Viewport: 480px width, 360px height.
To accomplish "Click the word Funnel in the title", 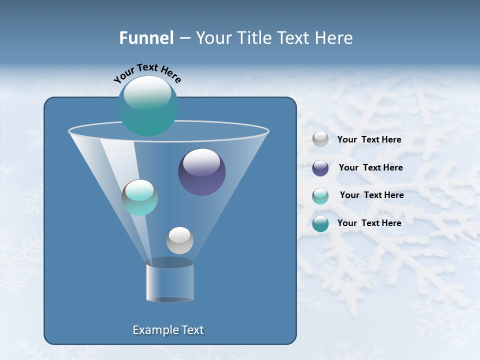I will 146,38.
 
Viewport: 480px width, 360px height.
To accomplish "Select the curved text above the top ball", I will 147,72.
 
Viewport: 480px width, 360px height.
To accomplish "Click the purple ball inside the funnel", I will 202,172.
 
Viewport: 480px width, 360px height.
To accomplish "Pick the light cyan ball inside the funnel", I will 139,197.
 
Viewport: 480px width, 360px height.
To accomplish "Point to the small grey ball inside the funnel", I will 179,240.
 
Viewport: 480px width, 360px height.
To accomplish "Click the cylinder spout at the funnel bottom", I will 169,281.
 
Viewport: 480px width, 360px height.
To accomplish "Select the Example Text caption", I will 168,330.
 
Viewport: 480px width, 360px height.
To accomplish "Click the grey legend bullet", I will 320,139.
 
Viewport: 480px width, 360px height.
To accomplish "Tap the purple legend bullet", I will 320,168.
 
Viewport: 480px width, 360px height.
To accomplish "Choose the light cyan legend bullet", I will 320,196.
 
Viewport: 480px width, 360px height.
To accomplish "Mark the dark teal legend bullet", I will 320,223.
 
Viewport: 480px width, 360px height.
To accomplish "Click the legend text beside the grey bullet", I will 369,139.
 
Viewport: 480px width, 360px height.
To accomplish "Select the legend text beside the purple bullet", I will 370,167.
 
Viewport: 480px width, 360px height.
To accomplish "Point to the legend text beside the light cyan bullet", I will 371,195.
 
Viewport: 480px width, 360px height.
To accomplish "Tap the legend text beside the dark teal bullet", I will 369,223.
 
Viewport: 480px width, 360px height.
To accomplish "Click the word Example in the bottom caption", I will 152,330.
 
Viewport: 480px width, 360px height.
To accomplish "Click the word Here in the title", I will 335,38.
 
